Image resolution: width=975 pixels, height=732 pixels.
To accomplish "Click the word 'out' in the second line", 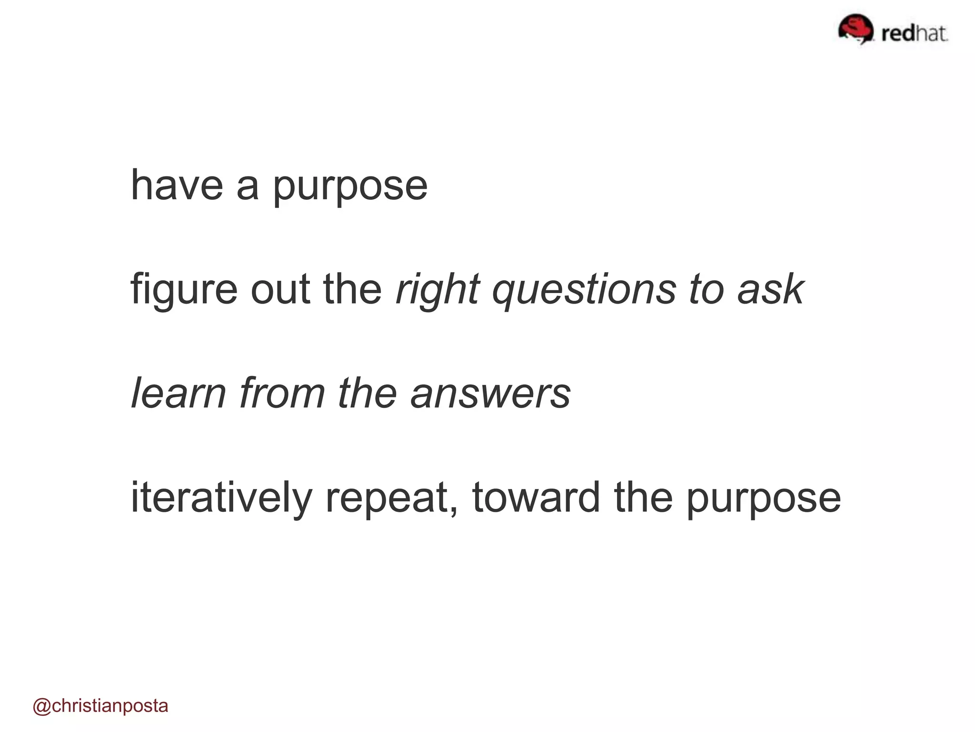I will click(x=280, y=290).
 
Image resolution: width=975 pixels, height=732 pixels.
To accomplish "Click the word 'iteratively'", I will click(x=221, y=498).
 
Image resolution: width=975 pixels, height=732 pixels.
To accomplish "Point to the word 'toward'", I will click(x=536, y=498).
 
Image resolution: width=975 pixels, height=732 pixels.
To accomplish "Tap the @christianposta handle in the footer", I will click(x=100, y=706).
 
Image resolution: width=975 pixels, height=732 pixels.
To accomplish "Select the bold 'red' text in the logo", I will click(x=898, y=34).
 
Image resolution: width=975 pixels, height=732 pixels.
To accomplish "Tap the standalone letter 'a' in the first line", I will click(x=248, y=187).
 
